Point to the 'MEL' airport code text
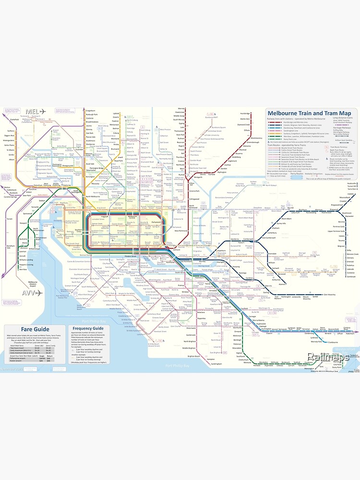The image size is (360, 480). click(x=33, y=112)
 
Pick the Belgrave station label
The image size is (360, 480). click(x=341, y=245)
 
